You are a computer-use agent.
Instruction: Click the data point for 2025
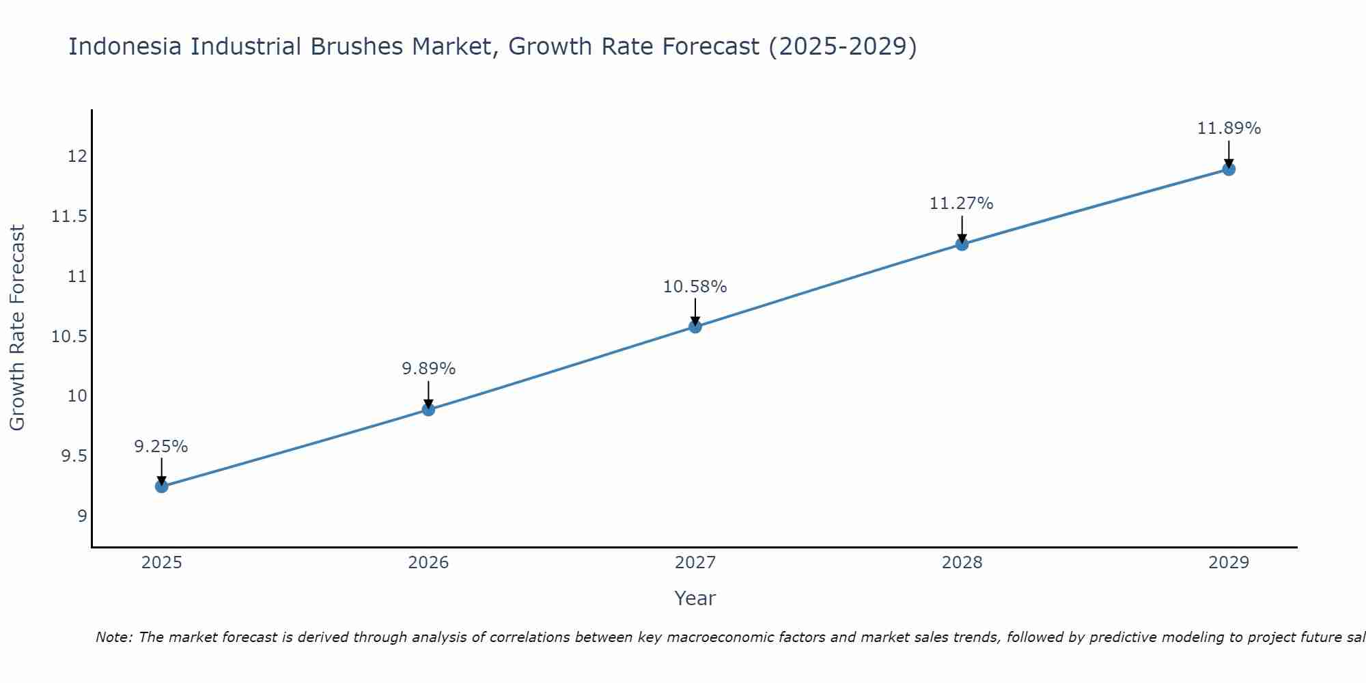162,486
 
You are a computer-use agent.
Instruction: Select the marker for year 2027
695,326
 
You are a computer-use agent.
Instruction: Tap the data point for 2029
1229,169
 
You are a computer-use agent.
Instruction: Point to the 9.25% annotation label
161,447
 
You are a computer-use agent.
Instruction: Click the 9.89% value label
428,369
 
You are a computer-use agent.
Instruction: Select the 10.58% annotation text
695,287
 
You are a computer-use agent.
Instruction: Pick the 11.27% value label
962,204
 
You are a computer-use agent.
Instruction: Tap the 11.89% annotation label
1229,128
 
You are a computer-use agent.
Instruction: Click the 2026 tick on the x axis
428,563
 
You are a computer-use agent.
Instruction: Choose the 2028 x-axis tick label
962,563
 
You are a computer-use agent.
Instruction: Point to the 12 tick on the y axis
77,156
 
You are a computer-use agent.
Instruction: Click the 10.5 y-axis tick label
70,337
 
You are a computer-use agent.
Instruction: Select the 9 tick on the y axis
83,516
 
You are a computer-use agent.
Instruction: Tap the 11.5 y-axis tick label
70,217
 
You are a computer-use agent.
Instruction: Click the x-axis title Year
695,598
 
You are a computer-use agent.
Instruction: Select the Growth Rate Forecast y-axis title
18,328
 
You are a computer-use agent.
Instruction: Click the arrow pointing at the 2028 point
962,229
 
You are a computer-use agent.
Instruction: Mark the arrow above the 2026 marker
428,394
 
